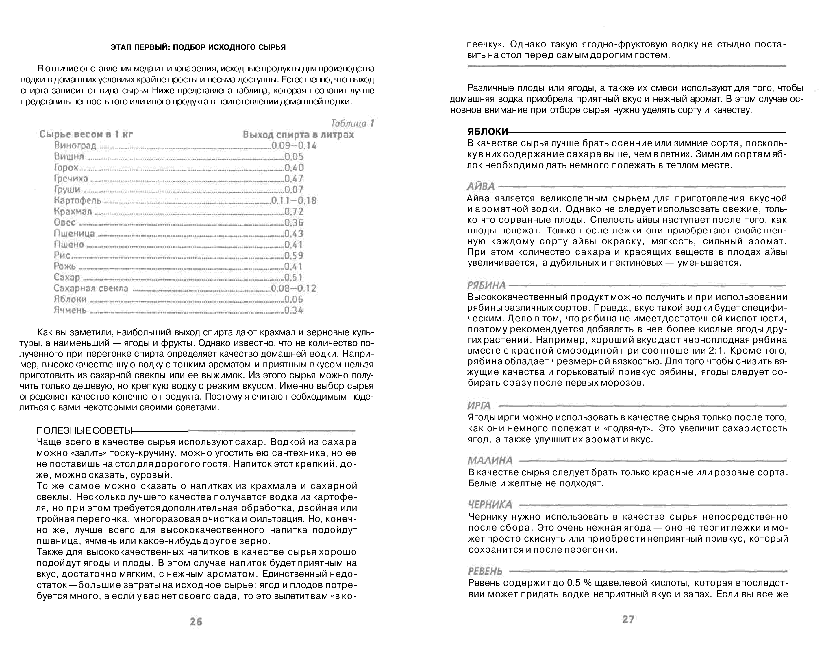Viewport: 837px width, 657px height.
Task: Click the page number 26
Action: tap(196, 622)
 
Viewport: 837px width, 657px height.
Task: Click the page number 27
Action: tap(628, 619)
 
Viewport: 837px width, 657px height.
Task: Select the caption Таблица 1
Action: tap(352, 124)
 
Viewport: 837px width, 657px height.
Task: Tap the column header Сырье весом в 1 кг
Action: tap(86, 134)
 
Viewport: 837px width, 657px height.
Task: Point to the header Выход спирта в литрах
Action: tap(298, 135)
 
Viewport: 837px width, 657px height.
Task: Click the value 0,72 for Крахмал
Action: tap(294, 211)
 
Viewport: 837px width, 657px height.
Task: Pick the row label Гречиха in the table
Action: tap(71, 178)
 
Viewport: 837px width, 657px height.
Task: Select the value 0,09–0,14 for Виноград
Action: tap(294, 146)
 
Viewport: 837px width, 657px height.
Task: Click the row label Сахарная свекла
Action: tap(91, 288)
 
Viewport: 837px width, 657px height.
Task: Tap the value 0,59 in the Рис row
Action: tap(294, 256)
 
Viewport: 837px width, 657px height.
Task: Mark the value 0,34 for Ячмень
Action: tap(294, 310)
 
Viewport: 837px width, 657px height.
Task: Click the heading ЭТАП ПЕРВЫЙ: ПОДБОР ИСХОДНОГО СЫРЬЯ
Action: tap(198, 47)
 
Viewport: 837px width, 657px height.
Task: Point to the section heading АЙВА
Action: tap(481, 187)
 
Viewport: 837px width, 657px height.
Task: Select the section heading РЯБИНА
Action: tap(486, 286)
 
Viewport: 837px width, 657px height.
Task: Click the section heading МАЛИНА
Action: tap(490, 461)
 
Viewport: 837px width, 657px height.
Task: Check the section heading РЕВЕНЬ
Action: tap(485, 571)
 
